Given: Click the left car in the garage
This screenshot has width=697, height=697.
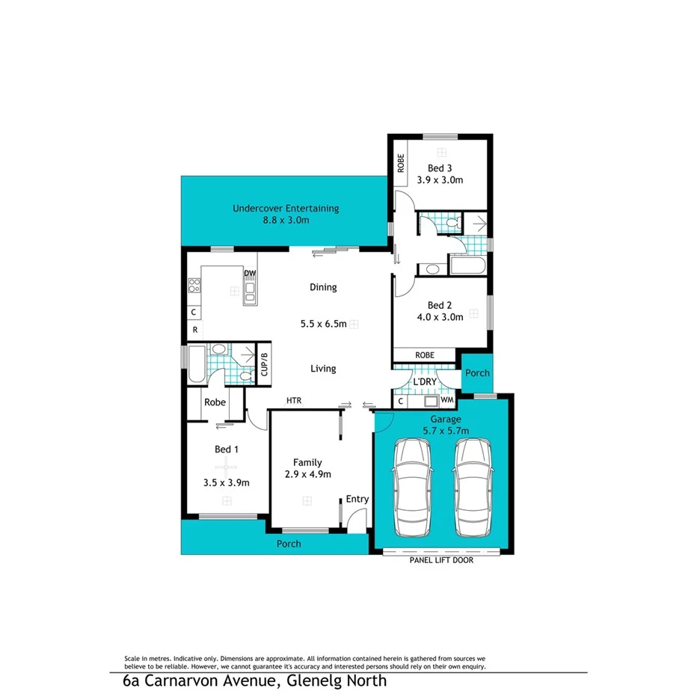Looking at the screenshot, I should [x=412, y=488].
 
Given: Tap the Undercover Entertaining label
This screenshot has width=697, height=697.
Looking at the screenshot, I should [x=286, y=209].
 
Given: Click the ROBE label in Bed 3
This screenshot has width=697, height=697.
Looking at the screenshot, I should [x=401, y=163].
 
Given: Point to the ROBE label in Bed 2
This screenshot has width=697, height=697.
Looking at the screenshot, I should [x=424, y=355].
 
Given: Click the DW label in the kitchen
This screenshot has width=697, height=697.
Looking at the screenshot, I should [x=249, y=274].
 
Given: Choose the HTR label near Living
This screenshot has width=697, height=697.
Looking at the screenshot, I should [x=294, y=401].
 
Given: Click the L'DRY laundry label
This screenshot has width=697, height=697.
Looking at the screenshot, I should [x=425, y=383].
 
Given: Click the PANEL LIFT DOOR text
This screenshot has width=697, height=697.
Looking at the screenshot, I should [x=440, y=559].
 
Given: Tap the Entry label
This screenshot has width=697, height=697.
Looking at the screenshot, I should [x=357, y=500].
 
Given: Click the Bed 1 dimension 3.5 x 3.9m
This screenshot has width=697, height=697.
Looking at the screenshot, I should [x=226, y=482].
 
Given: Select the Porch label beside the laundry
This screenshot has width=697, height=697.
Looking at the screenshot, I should [x=477, y=372].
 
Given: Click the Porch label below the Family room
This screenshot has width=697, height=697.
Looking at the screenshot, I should [x=289, y=544].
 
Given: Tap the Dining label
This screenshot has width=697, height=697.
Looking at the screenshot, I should [x=323, y=287].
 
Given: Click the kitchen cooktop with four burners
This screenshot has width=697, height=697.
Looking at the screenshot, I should [x=194, y=285].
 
